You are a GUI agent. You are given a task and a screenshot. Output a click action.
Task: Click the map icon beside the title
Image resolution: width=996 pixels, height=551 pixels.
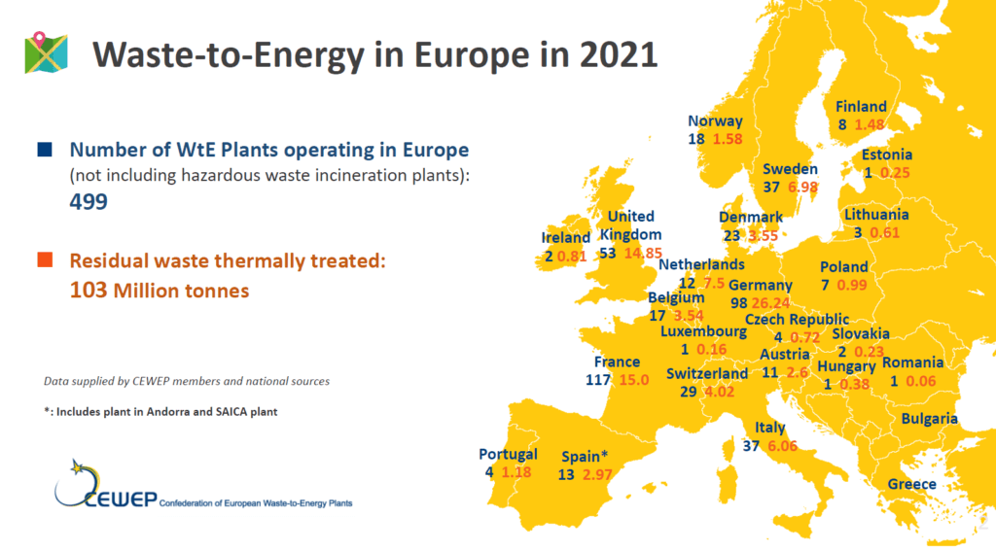pyautogui.click(x=46, y=52)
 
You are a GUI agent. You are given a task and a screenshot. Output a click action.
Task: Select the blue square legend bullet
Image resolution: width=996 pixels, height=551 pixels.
pyautogui.click(x=45, y=150)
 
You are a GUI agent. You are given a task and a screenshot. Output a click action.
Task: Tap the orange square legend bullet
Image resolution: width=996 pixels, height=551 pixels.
pyautogui.click(x=45, y=259)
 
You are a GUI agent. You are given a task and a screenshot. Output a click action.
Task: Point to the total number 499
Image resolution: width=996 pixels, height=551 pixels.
pyautogui.click(x=89, y=202)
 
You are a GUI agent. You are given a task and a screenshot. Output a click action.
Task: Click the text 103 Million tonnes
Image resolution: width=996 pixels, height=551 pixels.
pyautogui.click(x=160, y=291)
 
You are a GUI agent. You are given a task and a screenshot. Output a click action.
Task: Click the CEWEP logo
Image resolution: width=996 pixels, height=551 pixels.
pyautogui.click(x=105, y=486)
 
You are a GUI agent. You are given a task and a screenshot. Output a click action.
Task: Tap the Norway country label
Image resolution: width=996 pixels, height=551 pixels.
pyautogui.click(x=715, y=121)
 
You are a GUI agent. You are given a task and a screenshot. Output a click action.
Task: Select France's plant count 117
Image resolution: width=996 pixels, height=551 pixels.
pyautogui.click(x=598, y=380)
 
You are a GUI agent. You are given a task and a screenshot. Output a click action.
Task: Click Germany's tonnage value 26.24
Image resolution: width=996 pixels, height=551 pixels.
pyautogui.click(x=770, y=303)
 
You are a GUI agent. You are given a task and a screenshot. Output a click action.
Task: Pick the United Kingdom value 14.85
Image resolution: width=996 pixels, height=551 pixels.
pyautogui.click(x=643, y=253)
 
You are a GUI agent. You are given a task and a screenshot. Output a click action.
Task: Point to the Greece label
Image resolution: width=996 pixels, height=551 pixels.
pyautogui.click(x=911, y=484)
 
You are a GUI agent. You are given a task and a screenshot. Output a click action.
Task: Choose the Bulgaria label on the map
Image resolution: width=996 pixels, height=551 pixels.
pyautogui.click(x=929, y=418)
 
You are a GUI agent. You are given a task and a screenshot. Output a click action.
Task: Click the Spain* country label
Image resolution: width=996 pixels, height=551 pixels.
pyautogui.click(x=585, y=457)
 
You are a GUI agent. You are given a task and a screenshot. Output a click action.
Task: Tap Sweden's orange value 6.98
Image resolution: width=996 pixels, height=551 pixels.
pyautogui.click(x=802, y=188)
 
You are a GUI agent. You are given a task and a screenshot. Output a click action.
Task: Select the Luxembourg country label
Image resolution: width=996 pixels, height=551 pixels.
pyautogui.click(x=703, y=331)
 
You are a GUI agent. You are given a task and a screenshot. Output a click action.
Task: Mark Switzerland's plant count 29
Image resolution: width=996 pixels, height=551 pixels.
pyautogui.click(x=688, y=392)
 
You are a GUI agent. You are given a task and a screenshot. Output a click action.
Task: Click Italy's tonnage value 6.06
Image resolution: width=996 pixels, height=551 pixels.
pyautogui.click(x=782, y=446)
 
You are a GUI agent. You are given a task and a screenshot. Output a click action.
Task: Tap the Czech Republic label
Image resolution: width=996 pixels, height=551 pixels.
pyautogui.click(x=797, y=320)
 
